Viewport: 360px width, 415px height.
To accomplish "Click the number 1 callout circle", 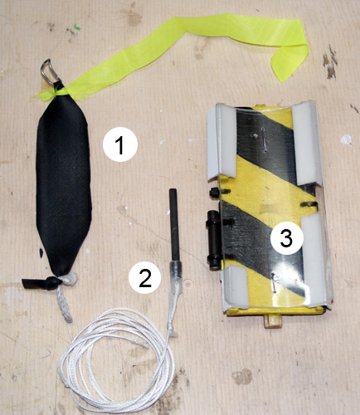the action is click(120, 145).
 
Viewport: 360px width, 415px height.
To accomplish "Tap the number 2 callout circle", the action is click(145, 277).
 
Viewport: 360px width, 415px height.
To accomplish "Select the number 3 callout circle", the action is click(286, 238).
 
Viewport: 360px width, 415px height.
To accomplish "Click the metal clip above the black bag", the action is click(49, 71).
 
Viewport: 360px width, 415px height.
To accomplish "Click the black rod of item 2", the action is click(174, 224).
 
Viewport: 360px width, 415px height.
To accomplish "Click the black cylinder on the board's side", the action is click(214, 240).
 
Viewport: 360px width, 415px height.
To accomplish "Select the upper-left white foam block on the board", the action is click(221, 142).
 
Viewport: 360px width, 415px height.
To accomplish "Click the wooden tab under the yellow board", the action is click(273, 321).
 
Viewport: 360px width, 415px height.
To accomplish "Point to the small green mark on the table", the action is click(77, 27).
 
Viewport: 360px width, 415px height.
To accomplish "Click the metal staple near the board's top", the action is click(264, 140).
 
